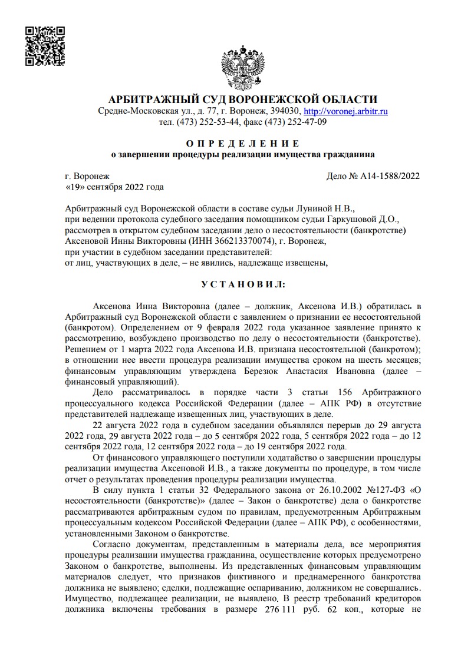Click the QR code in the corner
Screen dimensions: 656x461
(x=45, y=45)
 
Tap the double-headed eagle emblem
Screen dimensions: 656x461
(x=241, y=66)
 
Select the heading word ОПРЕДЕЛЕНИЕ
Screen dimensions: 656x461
(x=243, y=144)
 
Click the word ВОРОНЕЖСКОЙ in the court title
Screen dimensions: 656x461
(x=278, y=98)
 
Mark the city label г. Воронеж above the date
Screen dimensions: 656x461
(x=87, y=176)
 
